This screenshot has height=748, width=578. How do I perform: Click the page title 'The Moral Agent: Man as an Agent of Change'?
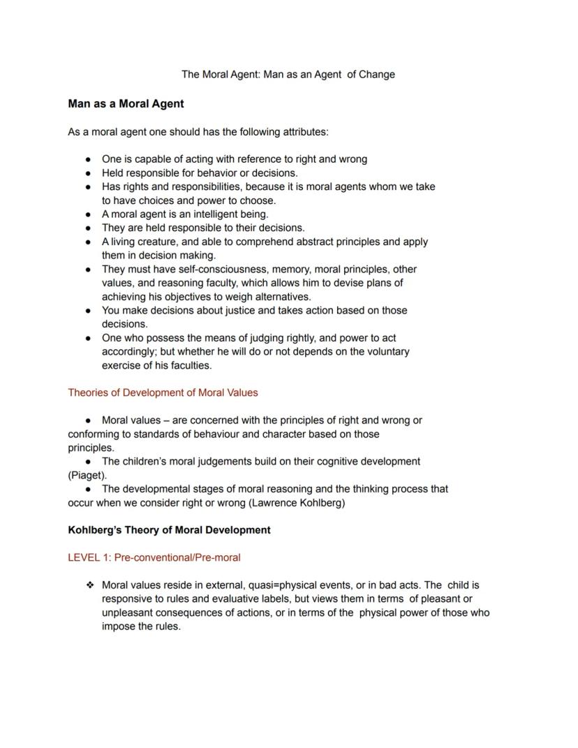click(x=288, y=74)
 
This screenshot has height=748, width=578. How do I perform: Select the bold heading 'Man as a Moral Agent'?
click(x=126, y=104)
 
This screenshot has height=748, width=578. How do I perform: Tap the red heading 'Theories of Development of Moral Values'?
click(x=163, y=393)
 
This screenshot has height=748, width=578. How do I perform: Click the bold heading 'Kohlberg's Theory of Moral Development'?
click(x=169, y=530)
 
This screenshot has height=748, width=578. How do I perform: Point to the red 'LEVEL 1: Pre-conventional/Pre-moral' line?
click(x=154, y=557)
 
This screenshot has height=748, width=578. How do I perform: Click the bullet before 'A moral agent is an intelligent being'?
click(x=89, y=214)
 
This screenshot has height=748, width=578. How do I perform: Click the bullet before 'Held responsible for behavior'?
click(x=89, y=173)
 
